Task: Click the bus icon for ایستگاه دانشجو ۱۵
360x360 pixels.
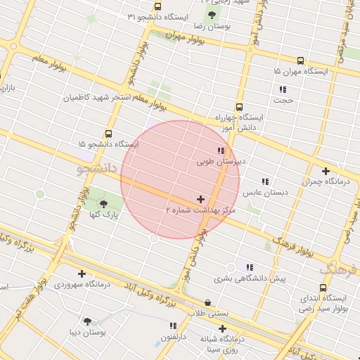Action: pos(108,134)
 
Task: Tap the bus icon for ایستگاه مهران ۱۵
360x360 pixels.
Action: pos(301,61)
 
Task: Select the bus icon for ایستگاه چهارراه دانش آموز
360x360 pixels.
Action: pos(239,108)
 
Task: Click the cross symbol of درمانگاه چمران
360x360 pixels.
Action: pos(326,171)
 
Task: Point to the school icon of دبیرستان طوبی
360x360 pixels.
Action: pos(221,151)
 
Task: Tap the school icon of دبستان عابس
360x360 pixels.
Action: pos(265,181)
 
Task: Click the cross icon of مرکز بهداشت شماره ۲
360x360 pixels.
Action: pos(201,200)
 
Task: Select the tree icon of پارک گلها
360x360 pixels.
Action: pos(104,204)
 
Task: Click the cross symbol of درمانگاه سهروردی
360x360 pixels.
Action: pos(82,274)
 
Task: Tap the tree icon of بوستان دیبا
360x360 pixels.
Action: pos(87,321)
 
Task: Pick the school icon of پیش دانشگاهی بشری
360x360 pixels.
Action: pos(249,266)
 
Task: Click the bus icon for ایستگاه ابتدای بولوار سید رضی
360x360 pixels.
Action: pos(323,288)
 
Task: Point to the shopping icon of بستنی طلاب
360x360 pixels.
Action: pos(207,303)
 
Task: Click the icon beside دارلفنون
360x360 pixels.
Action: pos(173,326)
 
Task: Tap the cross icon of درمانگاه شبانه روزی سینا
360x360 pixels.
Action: pos(223,328)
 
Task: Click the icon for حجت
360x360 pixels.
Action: pos(283,89)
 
